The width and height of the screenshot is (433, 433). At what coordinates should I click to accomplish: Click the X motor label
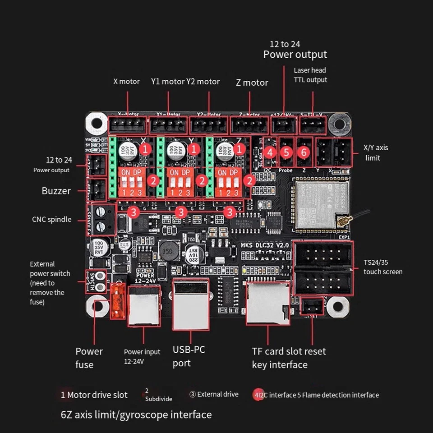coord(126,82)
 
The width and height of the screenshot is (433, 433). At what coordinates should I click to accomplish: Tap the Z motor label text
coord(252,83)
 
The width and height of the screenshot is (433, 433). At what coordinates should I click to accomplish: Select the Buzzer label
coord(56,191)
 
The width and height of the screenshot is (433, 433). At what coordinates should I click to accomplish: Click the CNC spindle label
coord(51,220)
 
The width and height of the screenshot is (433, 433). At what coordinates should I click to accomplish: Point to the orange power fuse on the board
coord(118,301)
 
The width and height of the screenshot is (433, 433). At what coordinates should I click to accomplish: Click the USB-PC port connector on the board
coord(191,304)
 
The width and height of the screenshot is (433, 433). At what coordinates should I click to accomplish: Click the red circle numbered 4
coord(270,152)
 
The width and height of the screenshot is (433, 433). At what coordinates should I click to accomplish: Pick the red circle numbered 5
coord(286,152)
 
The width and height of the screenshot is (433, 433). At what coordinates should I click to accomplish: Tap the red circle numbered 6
coord(304,152)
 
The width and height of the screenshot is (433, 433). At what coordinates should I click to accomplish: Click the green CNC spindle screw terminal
coord(102,218)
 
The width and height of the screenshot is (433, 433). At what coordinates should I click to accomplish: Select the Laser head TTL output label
coord(310,75)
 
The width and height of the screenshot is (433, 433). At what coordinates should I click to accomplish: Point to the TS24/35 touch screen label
coord(382,267)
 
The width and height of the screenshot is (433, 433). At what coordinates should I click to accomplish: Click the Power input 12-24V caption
coord(142,356)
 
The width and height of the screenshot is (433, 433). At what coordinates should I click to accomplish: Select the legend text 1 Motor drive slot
coord(94,395)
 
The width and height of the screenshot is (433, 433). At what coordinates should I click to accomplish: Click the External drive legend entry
coord(214,394)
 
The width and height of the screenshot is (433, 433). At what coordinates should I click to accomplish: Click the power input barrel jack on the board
coord(143,305)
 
